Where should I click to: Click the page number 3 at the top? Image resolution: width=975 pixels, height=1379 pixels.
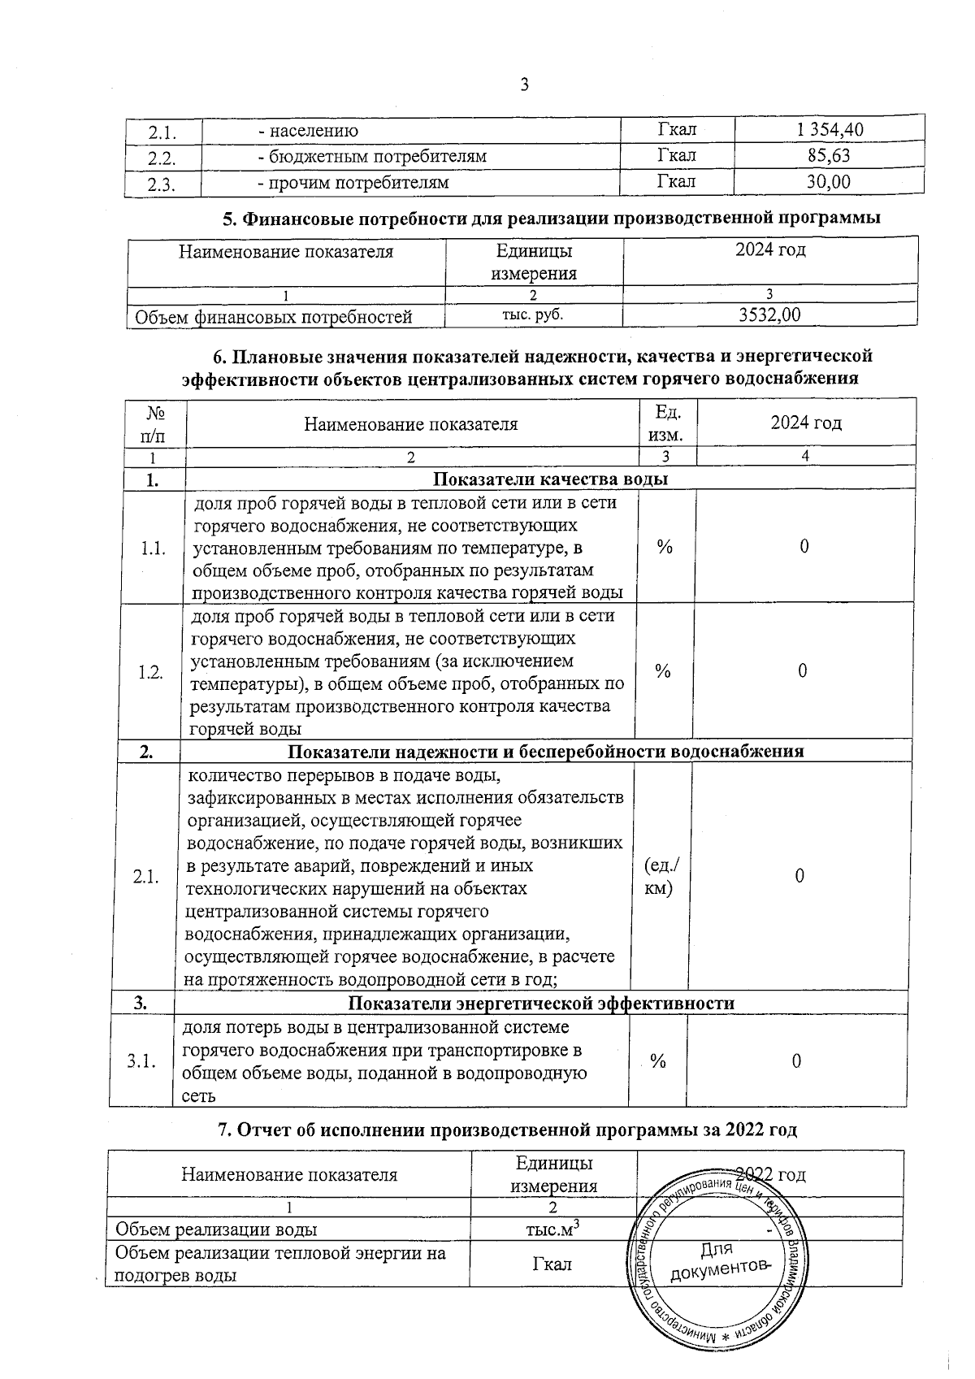tap(524, 85)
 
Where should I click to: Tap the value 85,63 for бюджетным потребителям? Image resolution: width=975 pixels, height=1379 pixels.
tap(829, 155)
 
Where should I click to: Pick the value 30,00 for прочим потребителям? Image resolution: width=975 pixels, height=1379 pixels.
tap(828, 182)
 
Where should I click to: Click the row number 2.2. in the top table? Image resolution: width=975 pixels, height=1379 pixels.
tap(162, 157)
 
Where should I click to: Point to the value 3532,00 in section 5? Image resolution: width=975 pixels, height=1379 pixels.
tap(769, 315)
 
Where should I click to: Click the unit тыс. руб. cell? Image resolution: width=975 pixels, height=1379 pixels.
tap(533, 314)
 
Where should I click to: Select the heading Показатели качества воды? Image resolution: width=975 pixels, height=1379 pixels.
tap(551, 479)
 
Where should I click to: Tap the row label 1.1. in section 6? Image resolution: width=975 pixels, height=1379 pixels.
tap(153, 549)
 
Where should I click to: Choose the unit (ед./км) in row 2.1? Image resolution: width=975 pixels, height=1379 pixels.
tap(661, 877)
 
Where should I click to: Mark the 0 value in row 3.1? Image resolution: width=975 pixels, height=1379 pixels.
tap(797, 1060)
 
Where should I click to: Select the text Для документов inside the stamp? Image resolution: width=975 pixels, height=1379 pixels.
tap(717, 1260)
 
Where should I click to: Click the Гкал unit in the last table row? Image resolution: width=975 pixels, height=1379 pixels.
tap(552, 1264)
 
